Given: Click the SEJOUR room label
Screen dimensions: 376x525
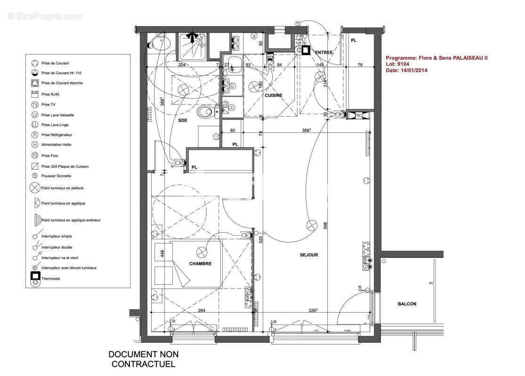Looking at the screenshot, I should tap(309, 255).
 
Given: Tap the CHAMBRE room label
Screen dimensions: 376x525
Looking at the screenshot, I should tap(201, 264).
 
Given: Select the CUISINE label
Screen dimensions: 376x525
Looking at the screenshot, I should tap(273, 95).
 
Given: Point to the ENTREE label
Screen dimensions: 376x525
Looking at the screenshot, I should tap(324, 52).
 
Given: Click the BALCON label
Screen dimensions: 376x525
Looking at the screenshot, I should tap(407, 304).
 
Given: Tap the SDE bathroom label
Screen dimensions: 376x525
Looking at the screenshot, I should tap(183, 121).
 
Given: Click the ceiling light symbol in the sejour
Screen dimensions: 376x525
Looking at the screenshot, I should tap(312, 225).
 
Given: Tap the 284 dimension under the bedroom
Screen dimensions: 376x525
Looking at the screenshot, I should tap(202, 311).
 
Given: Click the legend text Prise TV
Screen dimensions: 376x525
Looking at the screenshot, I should tap(46, 104).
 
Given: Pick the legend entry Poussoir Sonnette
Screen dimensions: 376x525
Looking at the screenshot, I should tap(56, 176).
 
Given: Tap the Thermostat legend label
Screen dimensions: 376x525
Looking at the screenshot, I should tap(51, 279).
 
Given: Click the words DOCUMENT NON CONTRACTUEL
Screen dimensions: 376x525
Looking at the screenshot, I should tap(144, 359).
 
